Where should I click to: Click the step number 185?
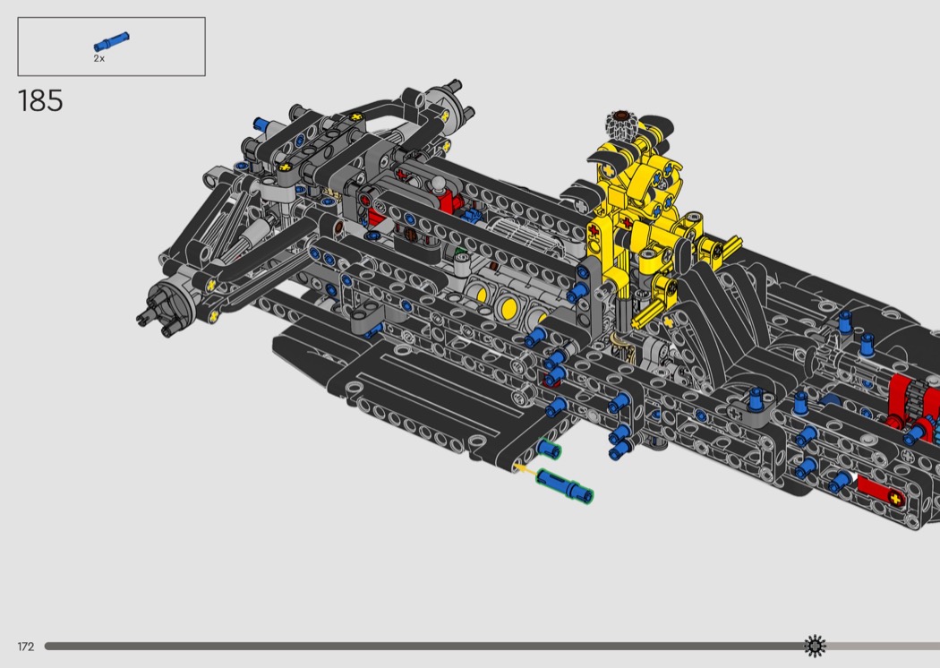click(40, 101)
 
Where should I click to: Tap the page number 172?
click(26, 647)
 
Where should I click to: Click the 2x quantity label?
click(98, 58)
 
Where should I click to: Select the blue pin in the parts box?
click(111, 41)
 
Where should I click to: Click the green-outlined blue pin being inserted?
click(565, 485)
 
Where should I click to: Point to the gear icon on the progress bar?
click(815, 646)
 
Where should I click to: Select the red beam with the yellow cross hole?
click(879, 492)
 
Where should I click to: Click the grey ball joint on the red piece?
click(440, 183)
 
